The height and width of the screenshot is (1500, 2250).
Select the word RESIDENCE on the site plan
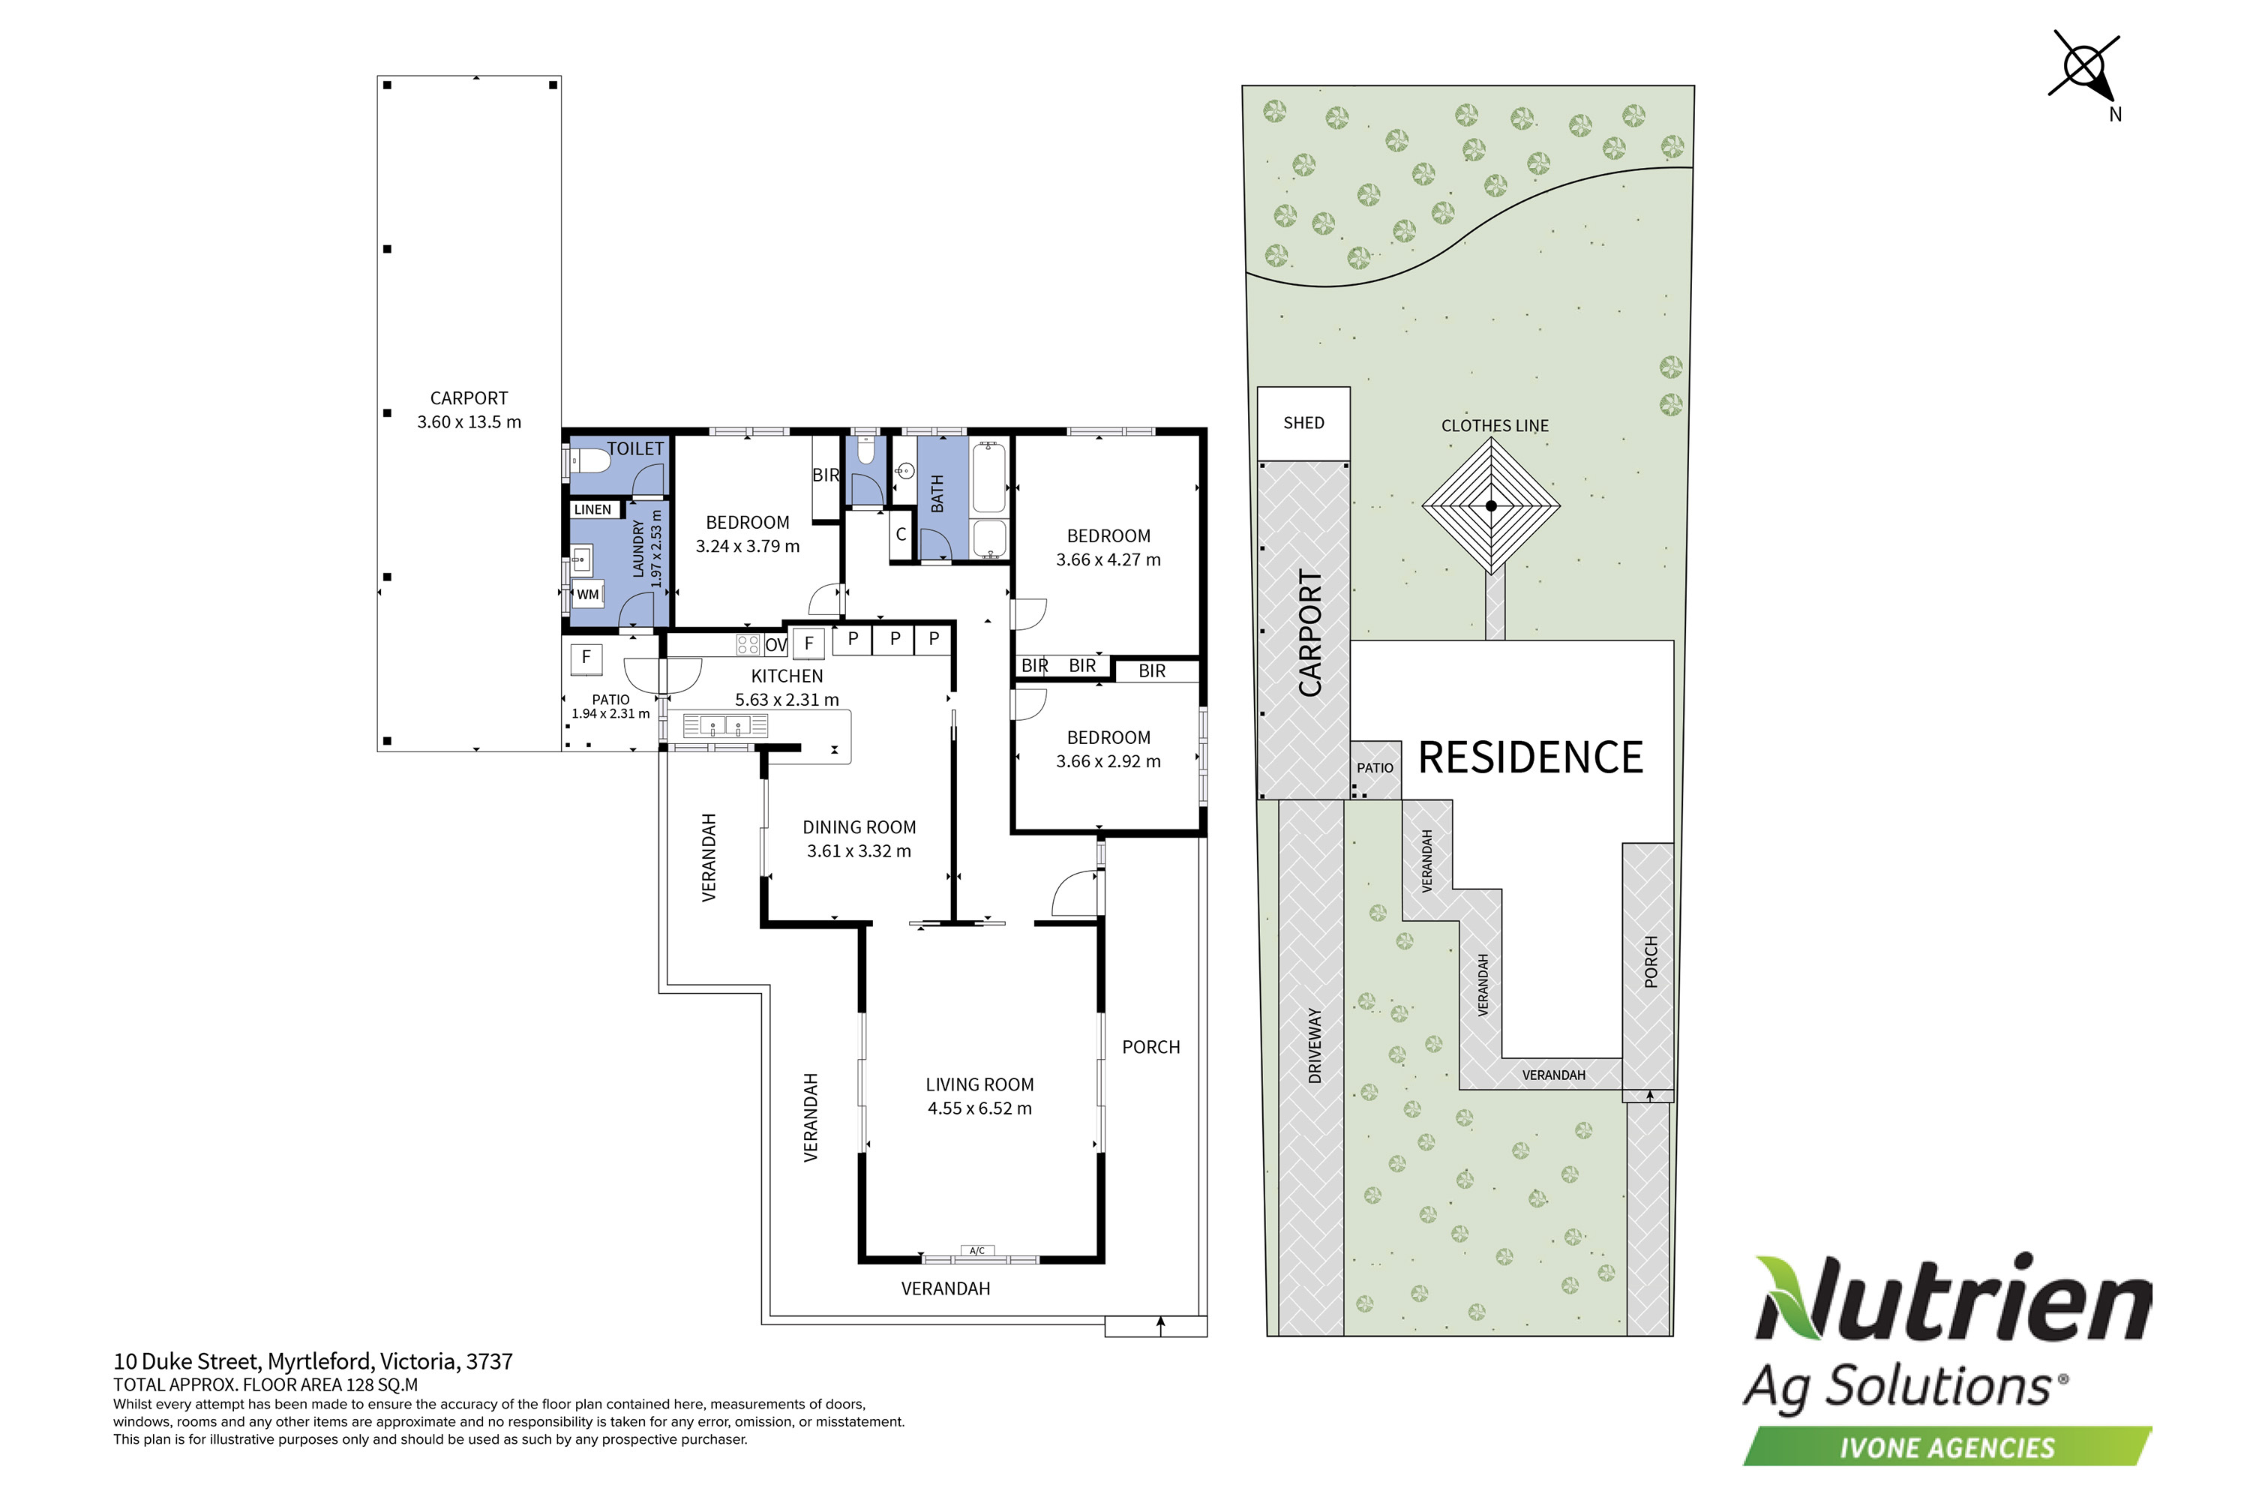pos(1530,757)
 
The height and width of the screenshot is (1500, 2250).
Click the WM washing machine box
pos(587,594)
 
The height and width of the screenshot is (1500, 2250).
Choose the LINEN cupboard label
pos(592,510)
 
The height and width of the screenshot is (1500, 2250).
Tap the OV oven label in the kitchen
pos(775,645)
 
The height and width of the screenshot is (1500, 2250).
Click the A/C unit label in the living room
pos(976,1250)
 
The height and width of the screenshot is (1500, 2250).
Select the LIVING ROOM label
pos(979,1084)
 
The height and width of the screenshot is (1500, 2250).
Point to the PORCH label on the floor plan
pos(1150,1048)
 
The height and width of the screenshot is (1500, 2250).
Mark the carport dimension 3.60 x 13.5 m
pos(469,421)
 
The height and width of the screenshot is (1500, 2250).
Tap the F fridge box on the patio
pos(586,657)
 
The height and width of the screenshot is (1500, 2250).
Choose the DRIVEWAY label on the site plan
pos(1315,1045)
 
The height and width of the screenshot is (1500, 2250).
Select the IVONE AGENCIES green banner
pos(1947,1447)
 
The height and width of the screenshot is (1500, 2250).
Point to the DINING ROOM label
pos(859,827)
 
